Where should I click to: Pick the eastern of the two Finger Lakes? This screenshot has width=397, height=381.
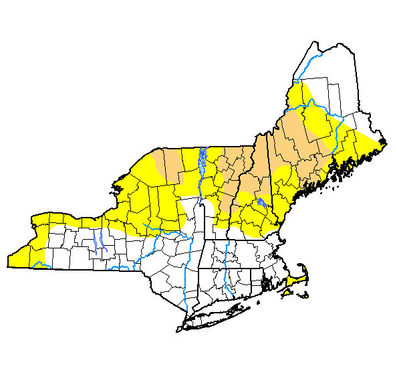click(105, 244)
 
